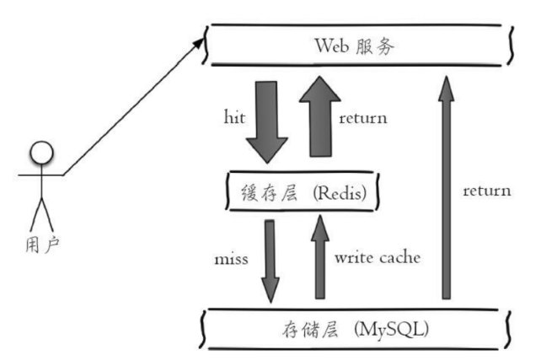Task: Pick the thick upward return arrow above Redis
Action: coord(318,115)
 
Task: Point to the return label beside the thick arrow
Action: coord(363,118)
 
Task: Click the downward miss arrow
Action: coord(270,260)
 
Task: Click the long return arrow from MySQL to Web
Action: coord(447,185)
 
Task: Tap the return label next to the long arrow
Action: coord(486,191)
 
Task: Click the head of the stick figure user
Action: coord(41,153)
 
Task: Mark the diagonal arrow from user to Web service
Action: coord(135,105)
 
